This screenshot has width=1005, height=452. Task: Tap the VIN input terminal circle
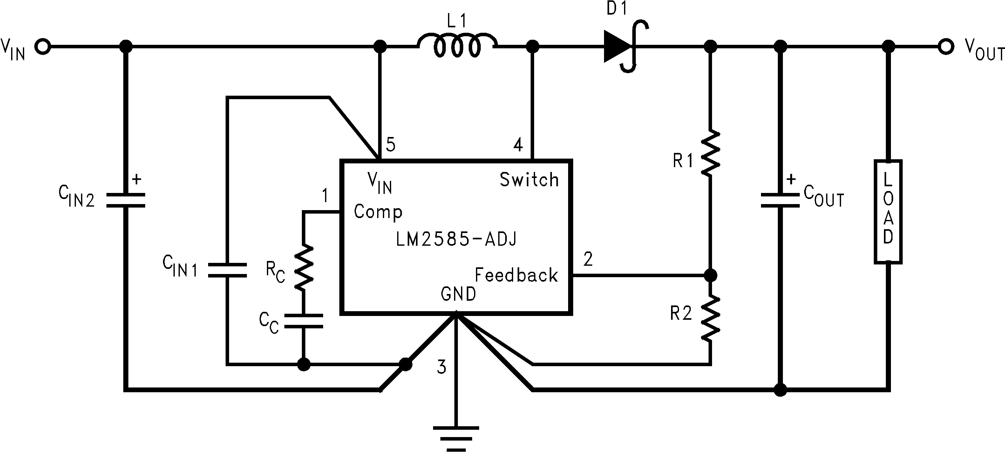42,47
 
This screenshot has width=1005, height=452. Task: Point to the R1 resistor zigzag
710,153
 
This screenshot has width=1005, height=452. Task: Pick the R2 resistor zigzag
710,318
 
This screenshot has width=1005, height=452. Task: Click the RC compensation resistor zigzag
303,268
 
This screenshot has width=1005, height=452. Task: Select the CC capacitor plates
303,320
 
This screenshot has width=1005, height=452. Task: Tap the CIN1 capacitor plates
227,270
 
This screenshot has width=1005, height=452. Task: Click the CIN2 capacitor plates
126,200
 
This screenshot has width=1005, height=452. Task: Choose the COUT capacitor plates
780,200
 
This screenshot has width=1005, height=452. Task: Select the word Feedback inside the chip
516,275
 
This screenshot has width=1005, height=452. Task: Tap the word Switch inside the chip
529,180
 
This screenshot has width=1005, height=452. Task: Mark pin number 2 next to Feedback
588,259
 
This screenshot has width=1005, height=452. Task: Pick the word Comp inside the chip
378,212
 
